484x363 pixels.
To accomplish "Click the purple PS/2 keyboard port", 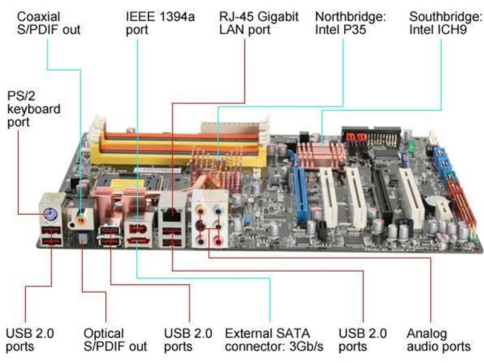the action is pyautogui.click(x=49, y=213).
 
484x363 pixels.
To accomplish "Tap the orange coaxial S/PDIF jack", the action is pyautogui.click(x=81, y=220).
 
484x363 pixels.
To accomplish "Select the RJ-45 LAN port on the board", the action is pyautogui.click(x=172, y=214).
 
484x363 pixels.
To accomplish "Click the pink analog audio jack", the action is pyautogui.click(x=218, y=240).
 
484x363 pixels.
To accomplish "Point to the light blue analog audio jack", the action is pyautogui.click(x=218, y=211).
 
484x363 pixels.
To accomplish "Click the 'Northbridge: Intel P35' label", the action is pyautogui.click(x=350, y=23).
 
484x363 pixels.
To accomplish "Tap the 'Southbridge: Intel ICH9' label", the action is pyautogui.click(x=446, y=23).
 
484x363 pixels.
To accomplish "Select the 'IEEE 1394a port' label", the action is pyautogui.click(x=160, y=23).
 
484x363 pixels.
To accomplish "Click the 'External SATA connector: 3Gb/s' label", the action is pyautogui.click(x=274, y=340).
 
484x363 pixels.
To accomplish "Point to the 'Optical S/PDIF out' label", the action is pyautogui.click(x=115, y=340).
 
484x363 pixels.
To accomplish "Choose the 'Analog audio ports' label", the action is pyautogui.click(x=439, y=340).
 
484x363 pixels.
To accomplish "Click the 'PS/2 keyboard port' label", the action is pyautogui.click(x=34, y=109).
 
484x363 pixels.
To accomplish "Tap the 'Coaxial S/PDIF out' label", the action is pyautogui.click(x=49, y=23).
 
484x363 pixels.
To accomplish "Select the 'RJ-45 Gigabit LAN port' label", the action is pyautogui.click(x=259, y=23).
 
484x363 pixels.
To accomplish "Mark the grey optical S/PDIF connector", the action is pyautogui.click(x=82, y=239).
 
